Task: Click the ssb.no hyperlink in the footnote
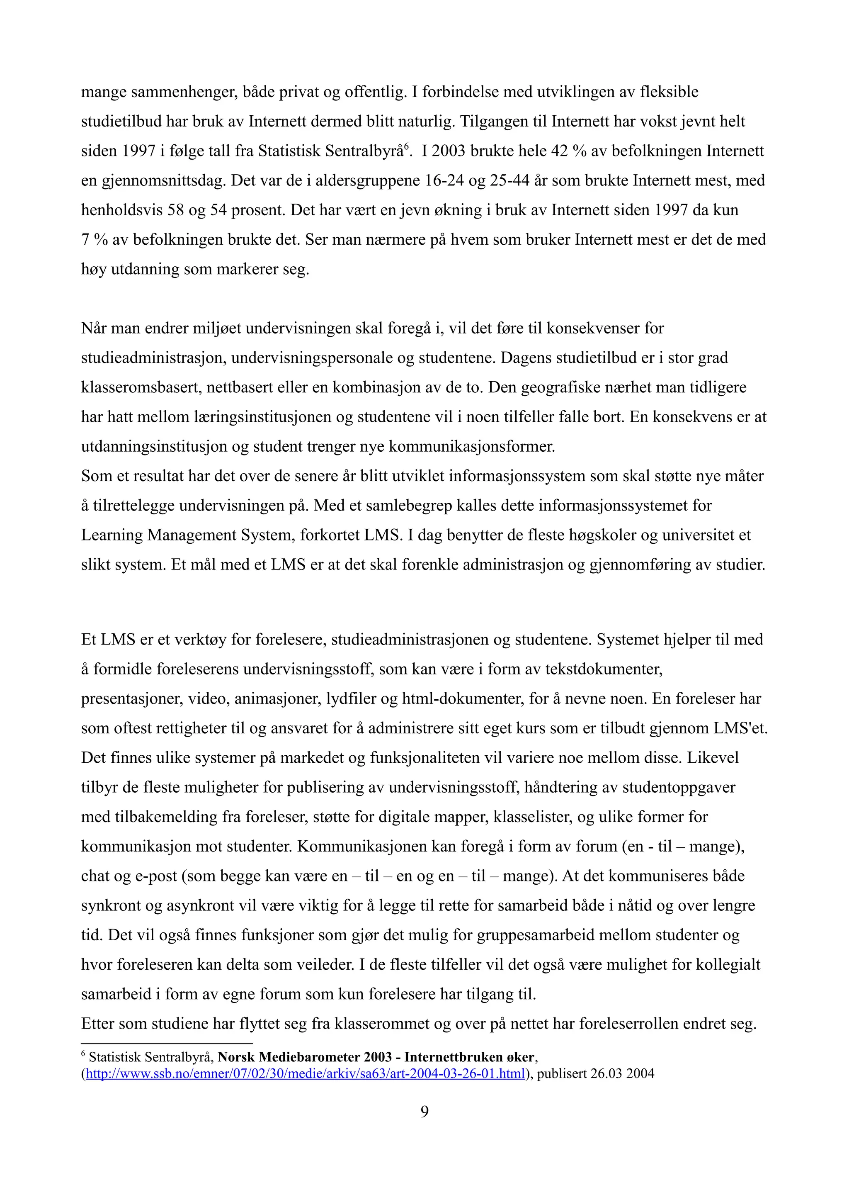click(305, 1074)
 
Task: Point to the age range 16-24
click(441, 180)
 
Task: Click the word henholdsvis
click(121, 210)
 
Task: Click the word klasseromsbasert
click(140, 387)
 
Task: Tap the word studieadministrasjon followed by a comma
click(154, 358)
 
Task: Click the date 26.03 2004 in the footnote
click(623, 1074)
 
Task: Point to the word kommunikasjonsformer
click(472, 447)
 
